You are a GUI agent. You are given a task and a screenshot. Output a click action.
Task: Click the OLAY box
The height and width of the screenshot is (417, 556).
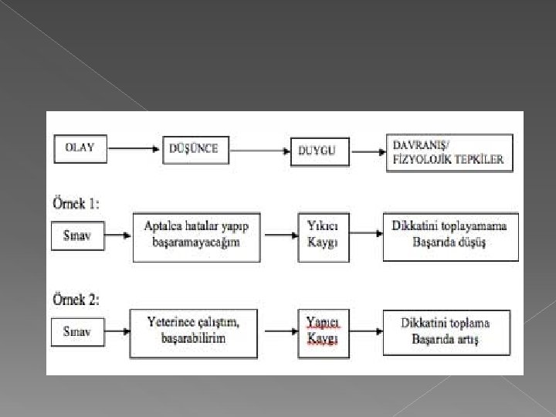tap(80, 149)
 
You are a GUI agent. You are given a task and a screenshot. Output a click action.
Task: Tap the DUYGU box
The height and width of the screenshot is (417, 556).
tap(317, 151)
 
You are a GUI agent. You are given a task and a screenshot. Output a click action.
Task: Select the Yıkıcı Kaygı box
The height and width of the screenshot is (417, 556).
tap(317, 236)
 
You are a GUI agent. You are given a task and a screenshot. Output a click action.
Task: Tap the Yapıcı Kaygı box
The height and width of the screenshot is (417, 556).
tap(317, 333)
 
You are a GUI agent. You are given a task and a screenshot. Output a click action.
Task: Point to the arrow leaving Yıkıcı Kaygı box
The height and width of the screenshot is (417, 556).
tap(360, 236)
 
